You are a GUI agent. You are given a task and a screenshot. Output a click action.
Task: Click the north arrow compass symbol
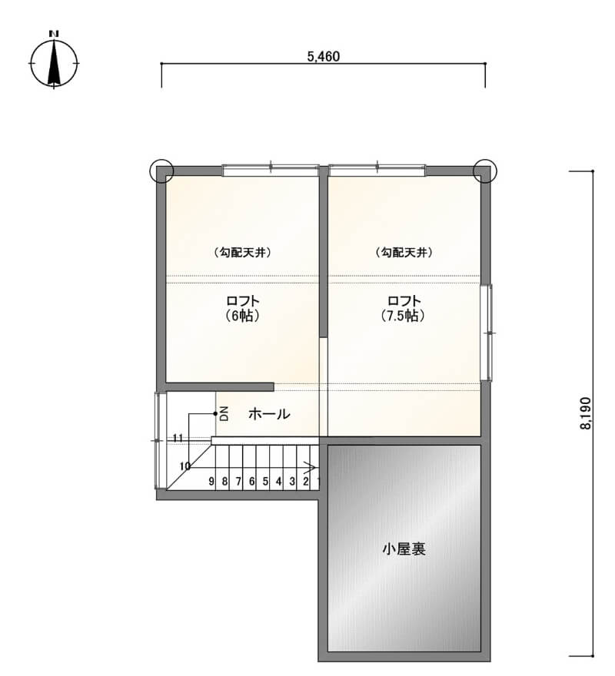click(54, 61)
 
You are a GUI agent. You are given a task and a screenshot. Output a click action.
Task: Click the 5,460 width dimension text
click(323, 57)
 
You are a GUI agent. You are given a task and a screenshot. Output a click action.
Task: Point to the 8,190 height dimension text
click(585, 413)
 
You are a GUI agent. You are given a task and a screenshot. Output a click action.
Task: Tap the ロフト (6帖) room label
click(243, 308)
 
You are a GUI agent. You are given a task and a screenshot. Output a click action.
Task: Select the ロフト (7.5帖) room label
click(404, 308)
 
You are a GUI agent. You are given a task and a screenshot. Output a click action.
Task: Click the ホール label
click(269, 414)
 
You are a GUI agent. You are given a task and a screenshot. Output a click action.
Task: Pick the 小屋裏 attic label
click(404, 548)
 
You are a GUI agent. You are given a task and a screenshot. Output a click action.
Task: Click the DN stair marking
click(224, 413)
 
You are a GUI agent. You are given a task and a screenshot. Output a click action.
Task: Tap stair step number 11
click(178, 438)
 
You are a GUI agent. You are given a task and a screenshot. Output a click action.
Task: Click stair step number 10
click(184, 466)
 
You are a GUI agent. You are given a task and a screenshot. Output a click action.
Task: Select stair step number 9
click(211, 481)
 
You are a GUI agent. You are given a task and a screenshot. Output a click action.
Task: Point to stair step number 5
click(265, 481)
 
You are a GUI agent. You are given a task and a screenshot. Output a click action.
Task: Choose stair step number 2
click(305, 481)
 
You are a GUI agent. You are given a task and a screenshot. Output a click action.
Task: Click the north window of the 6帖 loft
click(271, 171)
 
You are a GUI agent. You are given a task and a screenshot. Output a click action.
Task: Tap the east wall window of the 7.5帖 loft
click(487, 333)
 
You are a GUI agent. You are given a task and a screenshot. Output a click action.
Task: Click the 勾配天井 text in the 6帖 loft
click(243, 252)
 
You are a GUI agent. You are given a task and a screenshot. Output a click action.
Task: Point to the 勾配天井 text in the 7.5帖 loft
click(404, 252)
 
